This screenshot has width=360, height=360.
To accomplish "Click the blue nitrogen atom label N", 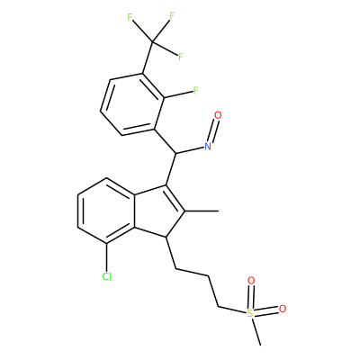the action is [x=208, y=146].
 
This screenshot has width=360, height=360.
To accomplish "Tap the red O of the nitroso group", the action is [x=218, y=115].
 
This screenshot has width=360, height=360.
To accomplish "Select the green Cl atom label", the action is [x=107, y=276].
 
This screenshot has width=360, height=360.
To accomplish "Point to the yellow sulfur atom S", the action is [x=250, y=314].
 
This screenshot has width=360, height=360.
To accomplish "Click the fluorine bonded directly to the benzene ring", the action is [x=195, y=90].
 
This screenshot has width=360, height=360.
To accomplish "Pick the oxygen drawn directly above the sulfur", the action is [x=251, y=281].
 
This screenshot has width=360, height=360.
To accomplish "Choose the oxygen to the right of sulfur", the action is [x=283, y=309].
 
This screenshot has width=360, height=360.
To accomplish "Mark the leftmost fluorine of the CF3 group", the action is [x=130, y=17].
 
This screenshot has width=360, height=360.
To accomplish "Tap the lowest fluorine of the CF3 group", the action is [x=181, y=57].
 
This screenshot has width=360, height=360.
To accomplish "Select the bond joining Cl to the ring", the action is [x=107, y=256].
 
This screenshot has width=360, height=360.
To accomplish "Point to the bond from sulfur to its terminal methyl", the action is [x=256, y=332].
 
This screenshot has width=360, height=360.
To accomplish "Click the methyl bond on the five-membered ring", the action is [x=202, y=211].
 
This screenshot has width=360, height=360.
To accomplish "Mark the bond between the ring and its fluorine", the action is [x=178, y=94].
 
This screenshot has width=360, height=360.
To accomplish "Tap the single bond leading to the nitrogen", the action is [x=189, y=150].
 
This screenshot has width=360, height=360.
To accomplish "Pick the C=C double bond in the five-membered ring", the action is [x=175, y=199].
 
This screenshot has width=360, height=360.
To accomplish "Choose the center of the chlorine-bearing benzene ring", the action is [x=105, y=211].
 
